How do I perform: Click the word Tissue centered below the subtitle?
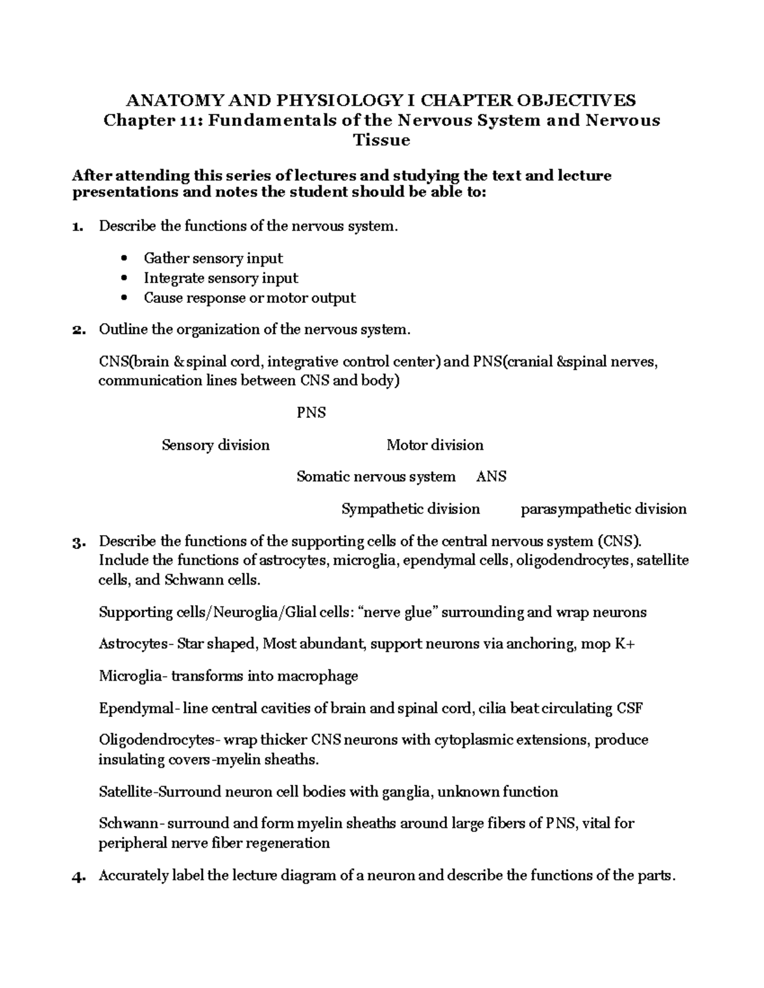(381, 140)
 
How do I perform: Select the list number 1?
(77, 226)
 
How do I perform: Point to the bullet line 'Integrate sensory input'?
(220, 278)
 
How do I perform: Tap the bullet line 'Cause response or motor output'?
(249, 298)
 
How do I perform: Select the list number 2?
(77, 330)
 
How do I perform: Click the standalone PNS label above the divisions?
(311, 413)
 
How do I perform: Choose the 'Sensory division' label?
(215, 445)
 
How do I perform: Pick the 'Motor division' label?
(435, 445)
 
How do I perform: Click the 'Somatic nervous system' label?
(376, 477)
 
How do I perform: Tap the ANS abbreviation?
(491, 477)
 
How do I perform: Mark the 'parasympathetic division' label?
(603, 509)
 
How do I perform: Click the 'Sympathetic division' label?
(410, 509)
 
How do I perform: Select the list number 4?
(77, 876)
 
